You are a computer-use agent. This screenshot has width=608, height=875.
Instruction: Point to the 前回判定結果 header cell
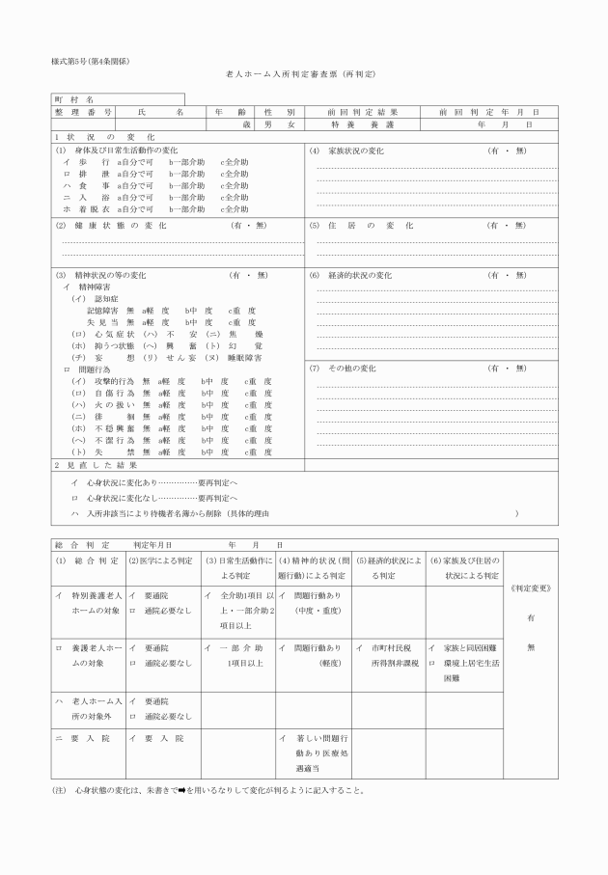363,112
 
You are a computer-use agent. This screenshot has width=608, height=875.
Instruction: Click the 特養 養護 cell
363,124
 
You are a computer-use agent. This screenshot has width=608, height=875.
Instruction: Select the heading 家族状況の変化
347,151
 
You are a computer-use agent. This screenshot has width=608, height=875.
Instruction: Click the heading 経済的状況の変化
351,275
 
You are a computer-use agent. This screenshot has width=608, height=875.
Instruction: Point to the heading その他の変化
344,369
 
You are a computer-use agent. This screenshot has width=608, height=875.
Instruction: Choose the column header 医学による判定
159,561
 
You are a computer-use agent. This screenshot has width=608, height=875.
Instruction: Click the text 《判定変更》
529,588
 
